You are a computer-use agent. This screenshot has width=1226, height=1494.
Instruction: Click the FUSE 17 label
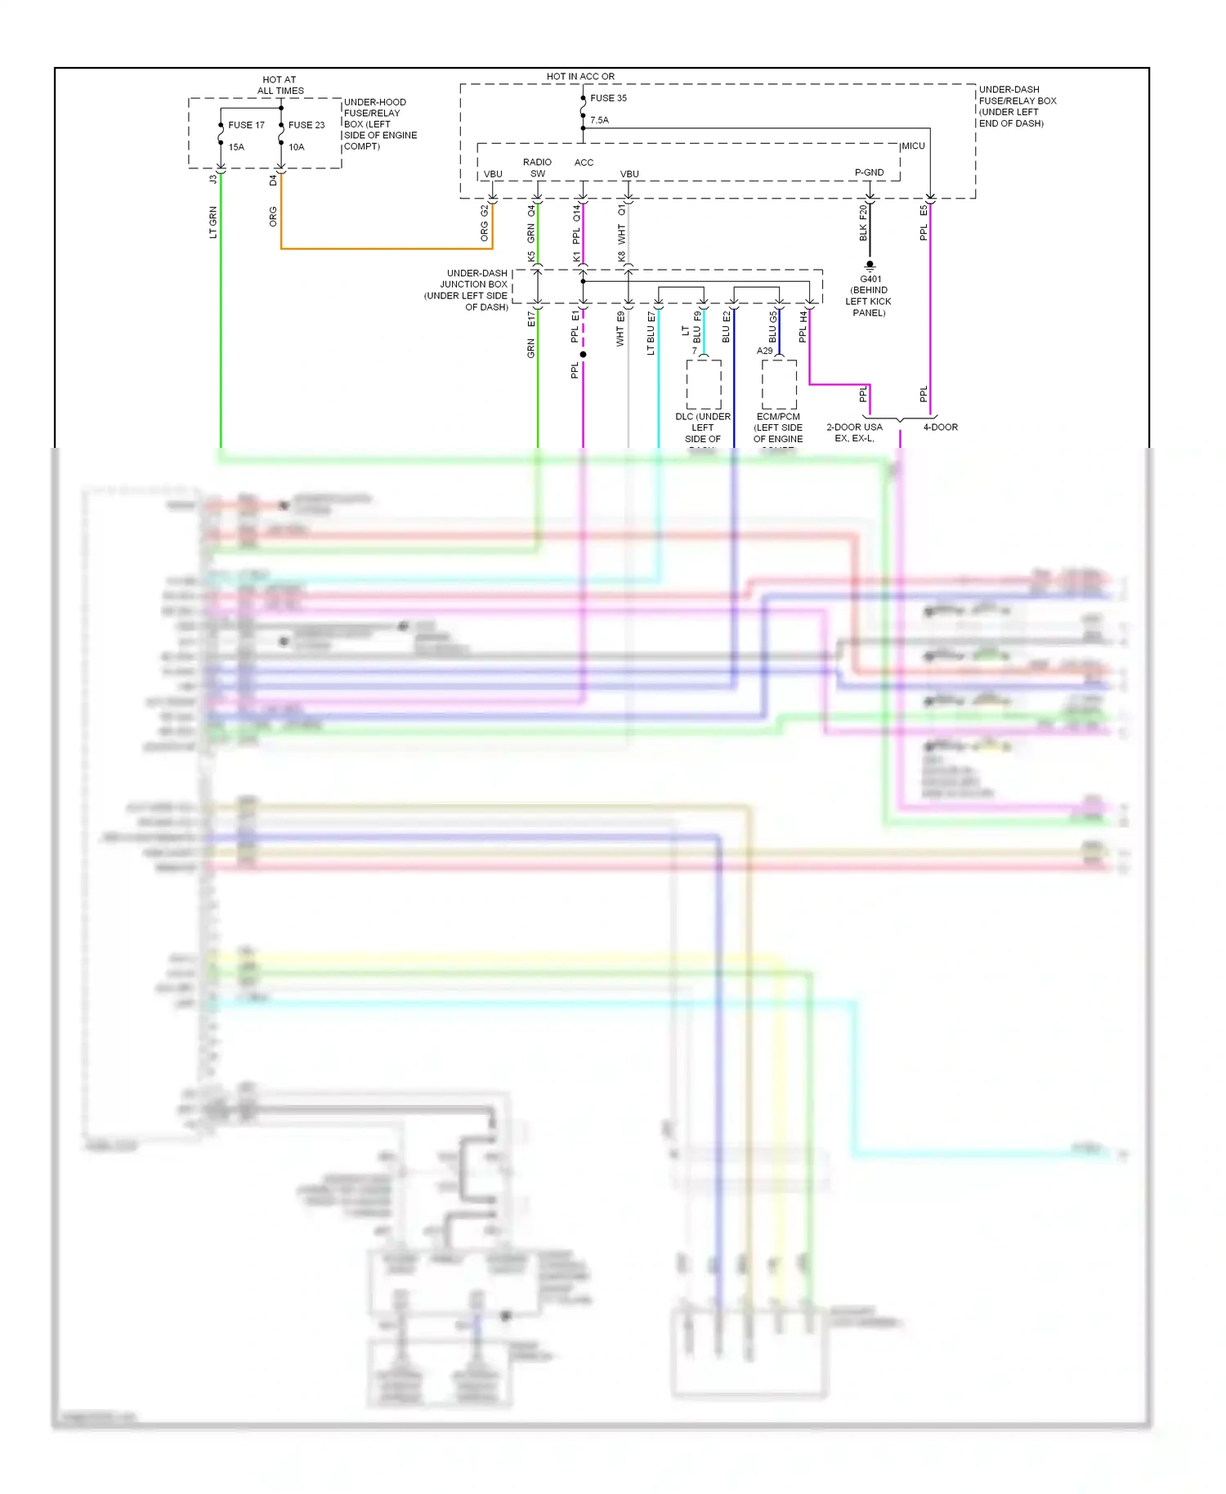point(246,125)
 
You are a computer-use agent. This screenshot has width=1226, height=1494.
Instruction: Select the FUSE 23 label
point(306,125)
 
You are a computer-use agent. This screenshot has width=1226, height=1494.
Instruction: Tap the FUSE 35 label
point(608,98)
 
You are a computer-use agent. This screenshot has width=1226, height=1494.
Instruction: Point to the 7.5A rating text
point(599,120)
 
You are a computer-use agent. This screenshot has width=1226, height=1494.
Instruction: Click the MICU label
point(913,146)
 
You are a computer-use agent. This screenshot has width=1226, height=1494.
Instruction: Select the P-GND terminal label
point(869,172)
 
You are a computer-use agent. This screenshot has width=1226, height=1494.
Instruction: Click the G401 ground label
point(870,280)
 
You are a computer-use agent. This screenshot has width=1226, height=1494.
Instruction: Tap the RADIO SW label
point(537,168)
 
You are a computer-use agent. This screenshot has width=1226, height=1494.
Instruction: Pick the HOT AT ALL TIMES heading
point(280,85)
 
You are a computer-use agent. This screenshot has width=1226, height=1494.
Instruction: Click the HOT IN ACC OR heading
point(580,76)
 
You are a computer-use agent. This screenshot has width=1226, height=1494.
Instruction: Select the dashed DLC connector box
point(703,384)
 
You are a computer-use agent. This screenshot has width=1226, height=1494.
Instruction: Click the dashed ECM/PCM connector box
point(779,384)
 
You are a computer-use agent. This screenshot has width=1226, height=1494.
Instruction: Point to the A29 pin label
point(764,351)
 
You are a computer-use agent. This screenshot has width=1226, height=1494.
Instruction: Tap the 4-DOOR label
point(940,427)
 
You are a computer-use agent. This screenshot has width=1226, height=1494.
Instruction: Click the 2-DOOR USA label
point(854,427)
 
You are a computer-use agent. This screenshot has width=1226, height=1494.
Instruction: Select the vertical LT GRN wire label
point(213,222)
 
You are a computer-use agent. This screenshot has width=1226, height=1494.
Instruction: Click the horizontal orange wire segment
point(384,248)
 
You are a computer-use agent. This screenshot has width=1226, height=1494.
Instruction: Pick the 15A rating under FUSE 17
point(236,147)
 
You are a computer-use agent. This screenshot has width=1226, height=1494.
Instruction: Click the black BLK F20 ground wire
point(869,237)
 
